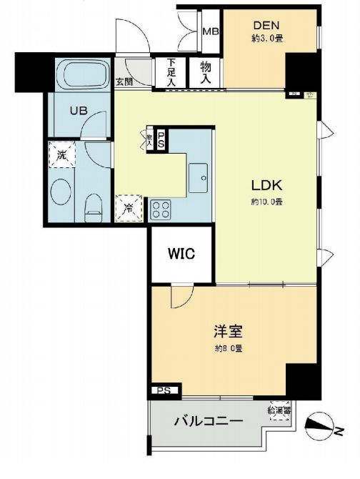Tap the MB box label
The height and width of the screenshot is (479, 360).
pyautogui.click(x=210, y=31)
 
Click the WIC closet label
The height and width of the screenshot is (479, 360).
pyautogui.click(x=181, y=253)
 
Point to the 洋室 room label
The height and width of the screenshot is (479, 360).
pyautogui.click(x=229, y=332)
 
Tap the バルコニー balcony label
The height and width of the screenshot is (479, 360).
pyautogui.click(x=209, y=421)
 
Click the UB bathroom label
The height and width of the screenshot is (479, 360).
pyautogui.click(x=78, y=111)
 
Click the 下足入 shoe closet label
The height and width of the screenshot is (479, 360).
pyautogui.click(x=171, y=72)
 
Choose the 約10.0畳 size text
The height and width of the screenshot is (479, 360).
pyautogui.click(x=265, y=202)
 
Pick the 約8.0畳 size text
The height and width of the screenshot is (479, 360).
pyautogui.click(x=229, y=349)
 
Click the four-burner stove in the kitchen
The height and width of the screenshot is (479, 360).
pyautogui.click(x=161, y=209)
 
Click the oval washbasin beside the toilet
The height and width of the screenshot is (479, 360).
pyautogui.click(x=61, y=192)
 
